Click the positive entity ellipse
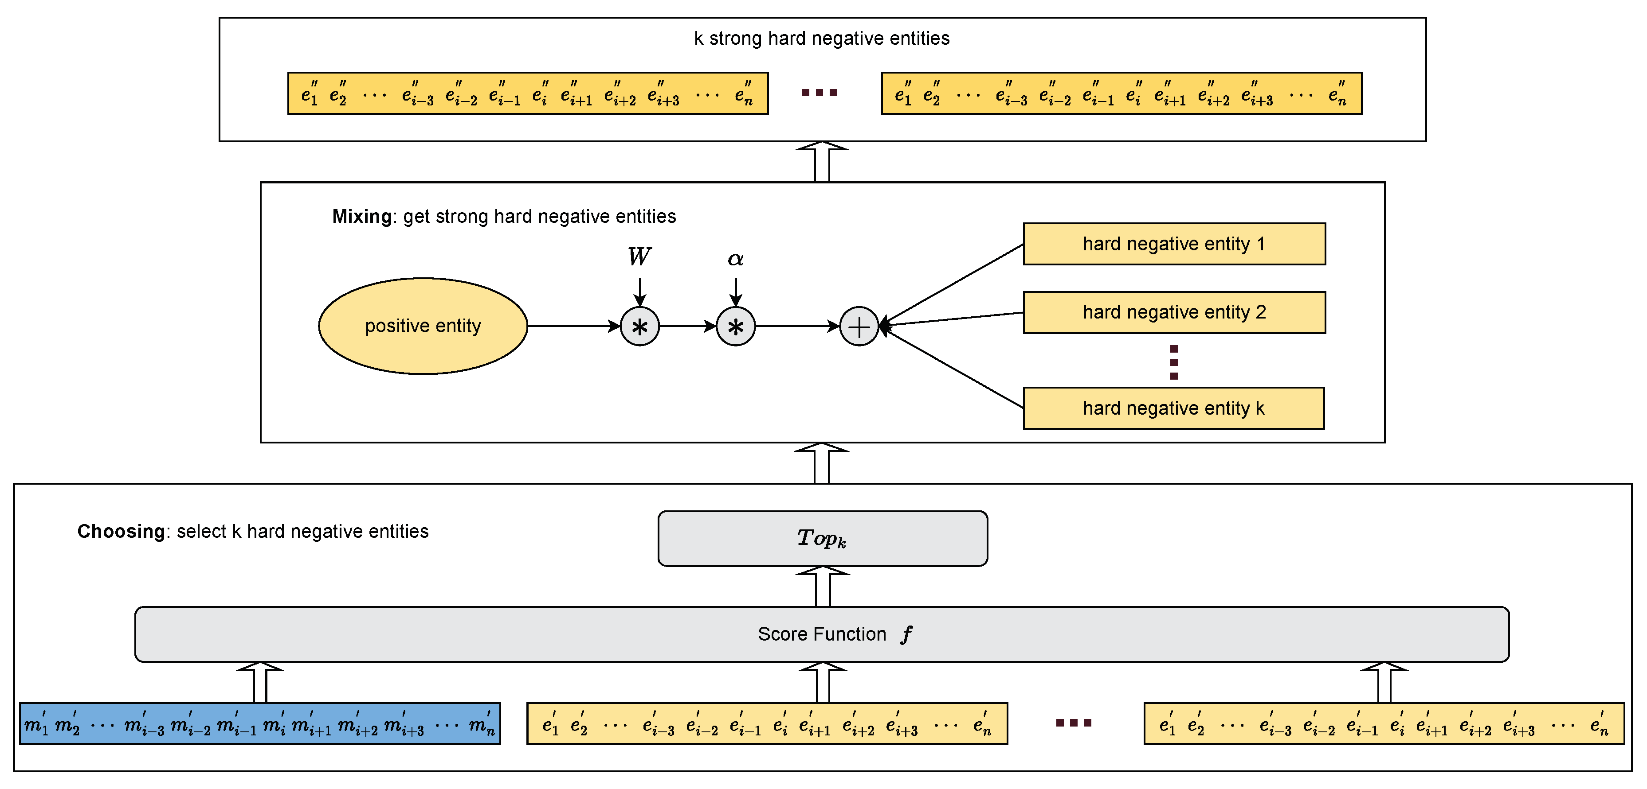pos(423,326)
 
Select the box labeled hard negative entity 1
pos(1174,243)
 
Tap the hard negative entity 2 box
pos(1174,312)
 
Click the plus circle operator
pos(859,326)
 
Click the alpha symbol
pos(735,259)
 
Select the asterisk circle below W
pos(639,326)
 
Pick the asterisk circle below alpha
pos(735,326)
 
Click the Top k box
pos(822,538)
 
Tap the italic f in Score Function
pos(906,634)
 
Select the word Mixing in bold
pos(362,217)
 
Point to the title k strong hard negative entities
pos(822,39)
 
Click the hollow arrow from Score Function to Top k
pos(823,587)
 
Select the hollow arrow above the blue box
pos(259,682)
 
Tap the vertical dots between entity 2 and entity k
pos(1174,362)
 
